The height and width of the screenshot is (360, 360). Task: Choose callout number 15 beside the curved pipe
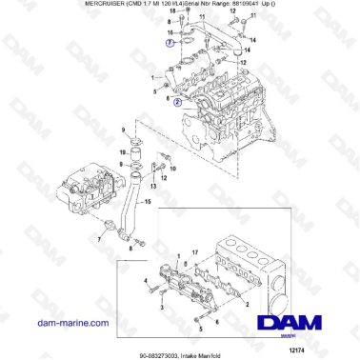click(149, 200)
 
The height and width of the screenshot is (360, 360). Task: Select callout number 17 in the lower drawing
click(194, 252)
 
